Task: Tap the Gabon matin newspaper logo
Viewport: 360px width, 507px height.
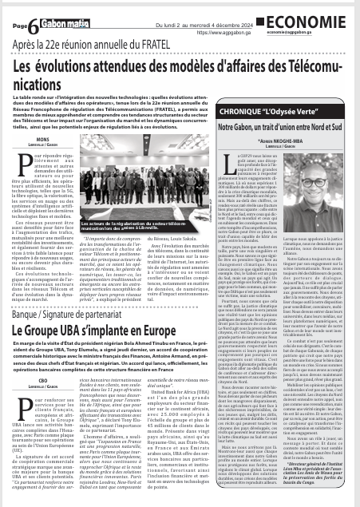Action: click(x=47, y=8)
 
